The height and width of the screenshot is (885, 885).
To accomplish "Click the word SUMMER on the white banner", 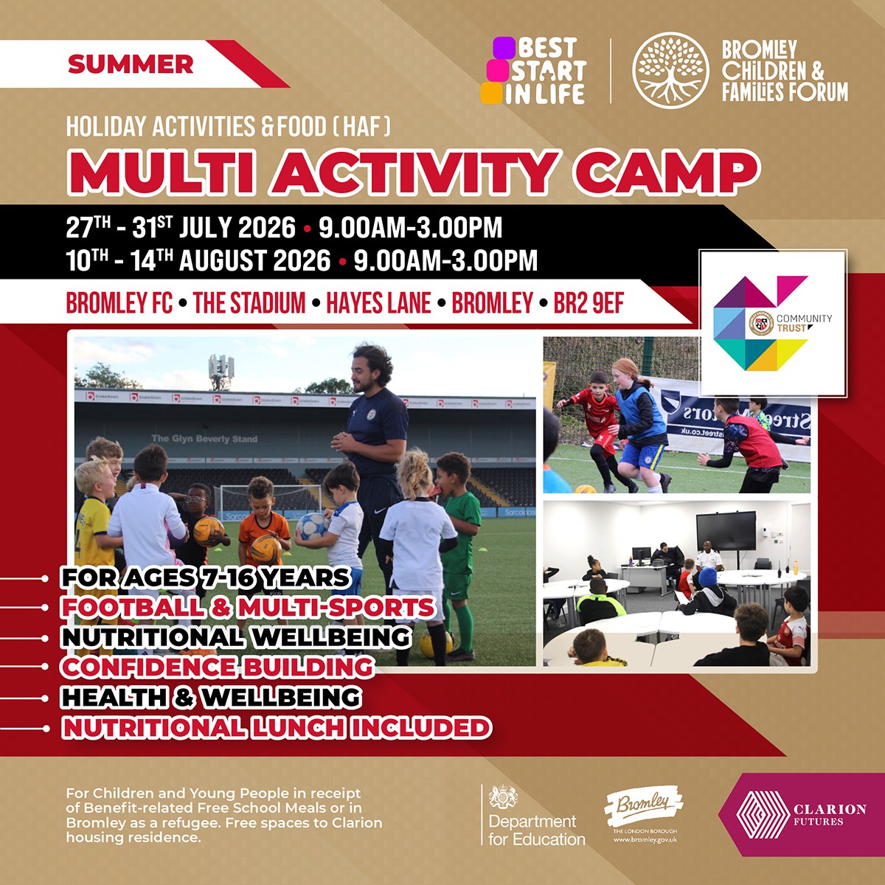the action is [131, 64].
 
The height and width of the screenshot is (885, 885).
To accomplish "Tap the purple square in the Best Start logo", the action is [504, 48].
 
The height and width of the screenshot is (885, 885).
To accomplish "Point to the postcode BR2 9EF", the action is [589, 303].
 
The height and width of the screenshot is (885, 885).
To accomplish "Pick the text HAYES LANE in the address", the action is [378, 303].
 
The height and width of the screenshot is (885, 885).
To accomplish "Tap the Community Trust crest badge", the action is [761, 324].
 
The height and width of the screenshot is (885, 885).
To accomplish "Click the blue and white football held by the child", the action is [312, 524].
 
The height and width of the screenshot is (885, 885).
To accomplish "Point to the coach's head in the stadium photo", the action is [370, 367].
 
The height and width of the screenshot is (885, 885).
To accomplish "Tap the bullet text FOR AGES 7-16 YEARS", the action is [205, 577].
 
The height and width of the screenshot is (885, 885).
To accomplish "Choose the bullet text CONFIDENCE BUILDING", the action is [218, 667].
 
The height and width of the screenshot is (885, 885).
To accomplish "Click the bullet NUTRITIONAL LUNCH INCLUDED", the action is [277, 727].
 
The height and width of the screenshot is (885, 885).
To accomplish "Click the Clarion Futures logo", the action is [802, 815].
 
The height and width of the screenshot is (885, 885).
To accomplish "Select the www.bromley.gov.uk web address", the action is [645, 840].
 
